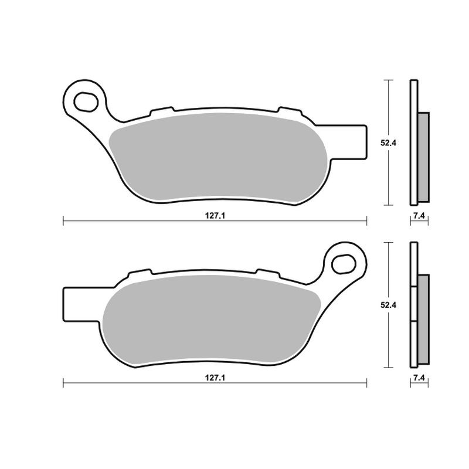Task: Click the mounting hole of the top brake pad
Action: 86,102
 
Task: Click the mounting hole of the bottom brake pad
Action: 344,264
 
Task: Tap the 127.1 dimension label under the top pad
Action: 215,216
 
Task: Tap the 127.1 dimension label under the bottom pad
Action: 215,378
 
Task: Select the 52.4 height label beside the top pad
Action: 388,143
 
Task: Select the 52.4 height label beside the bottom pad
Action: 388,305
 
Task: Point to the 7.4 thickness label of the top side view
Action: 419,216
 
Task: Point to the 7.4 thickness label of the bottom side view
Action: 419,378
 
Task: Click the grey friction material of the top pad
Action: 218,157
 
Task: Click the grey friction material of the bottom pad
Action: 211,320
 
